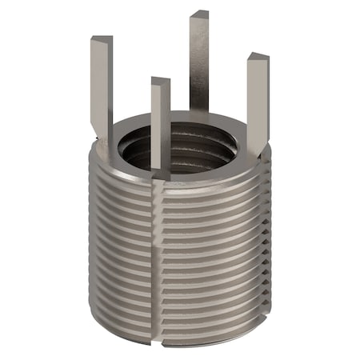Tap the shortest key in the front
161,120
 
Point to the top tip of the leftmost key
101,40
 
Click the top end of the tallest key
199,14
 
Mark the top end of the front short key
160,82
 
